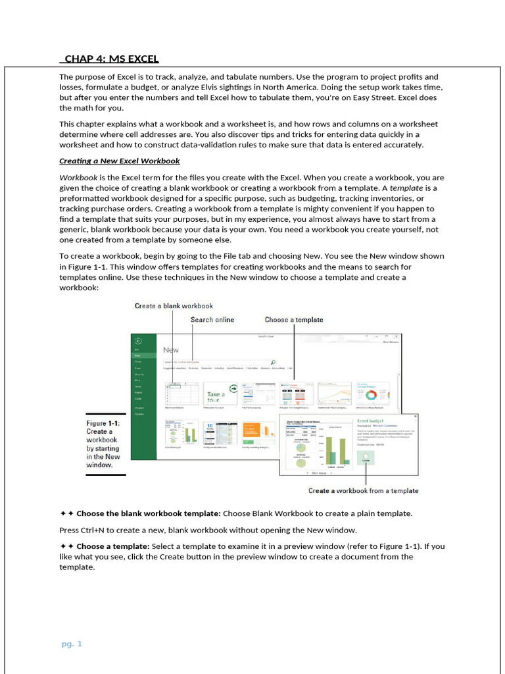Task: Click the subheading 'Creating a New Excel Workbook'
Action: point(119,161)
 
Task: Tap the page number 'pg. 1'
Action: point(72,644)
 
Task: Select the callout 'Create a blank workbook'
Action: point(174,306)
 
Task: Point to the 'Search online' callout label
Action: point(212,320)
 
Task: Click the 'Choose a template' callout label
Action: point(294,320)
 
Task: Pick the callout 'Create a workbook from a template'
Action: point(363,491)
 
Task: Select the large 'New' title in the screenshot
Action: point(171,350)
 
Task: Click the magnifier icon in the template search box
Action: point(273,361)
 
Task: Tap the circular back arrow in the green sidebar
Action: point(138,340)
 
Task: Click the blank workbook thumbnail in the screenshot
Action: point(180,395)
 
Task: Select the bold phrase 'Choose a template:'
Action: point(113,546)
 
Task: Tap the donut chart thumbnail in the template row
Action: point(372,395)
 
